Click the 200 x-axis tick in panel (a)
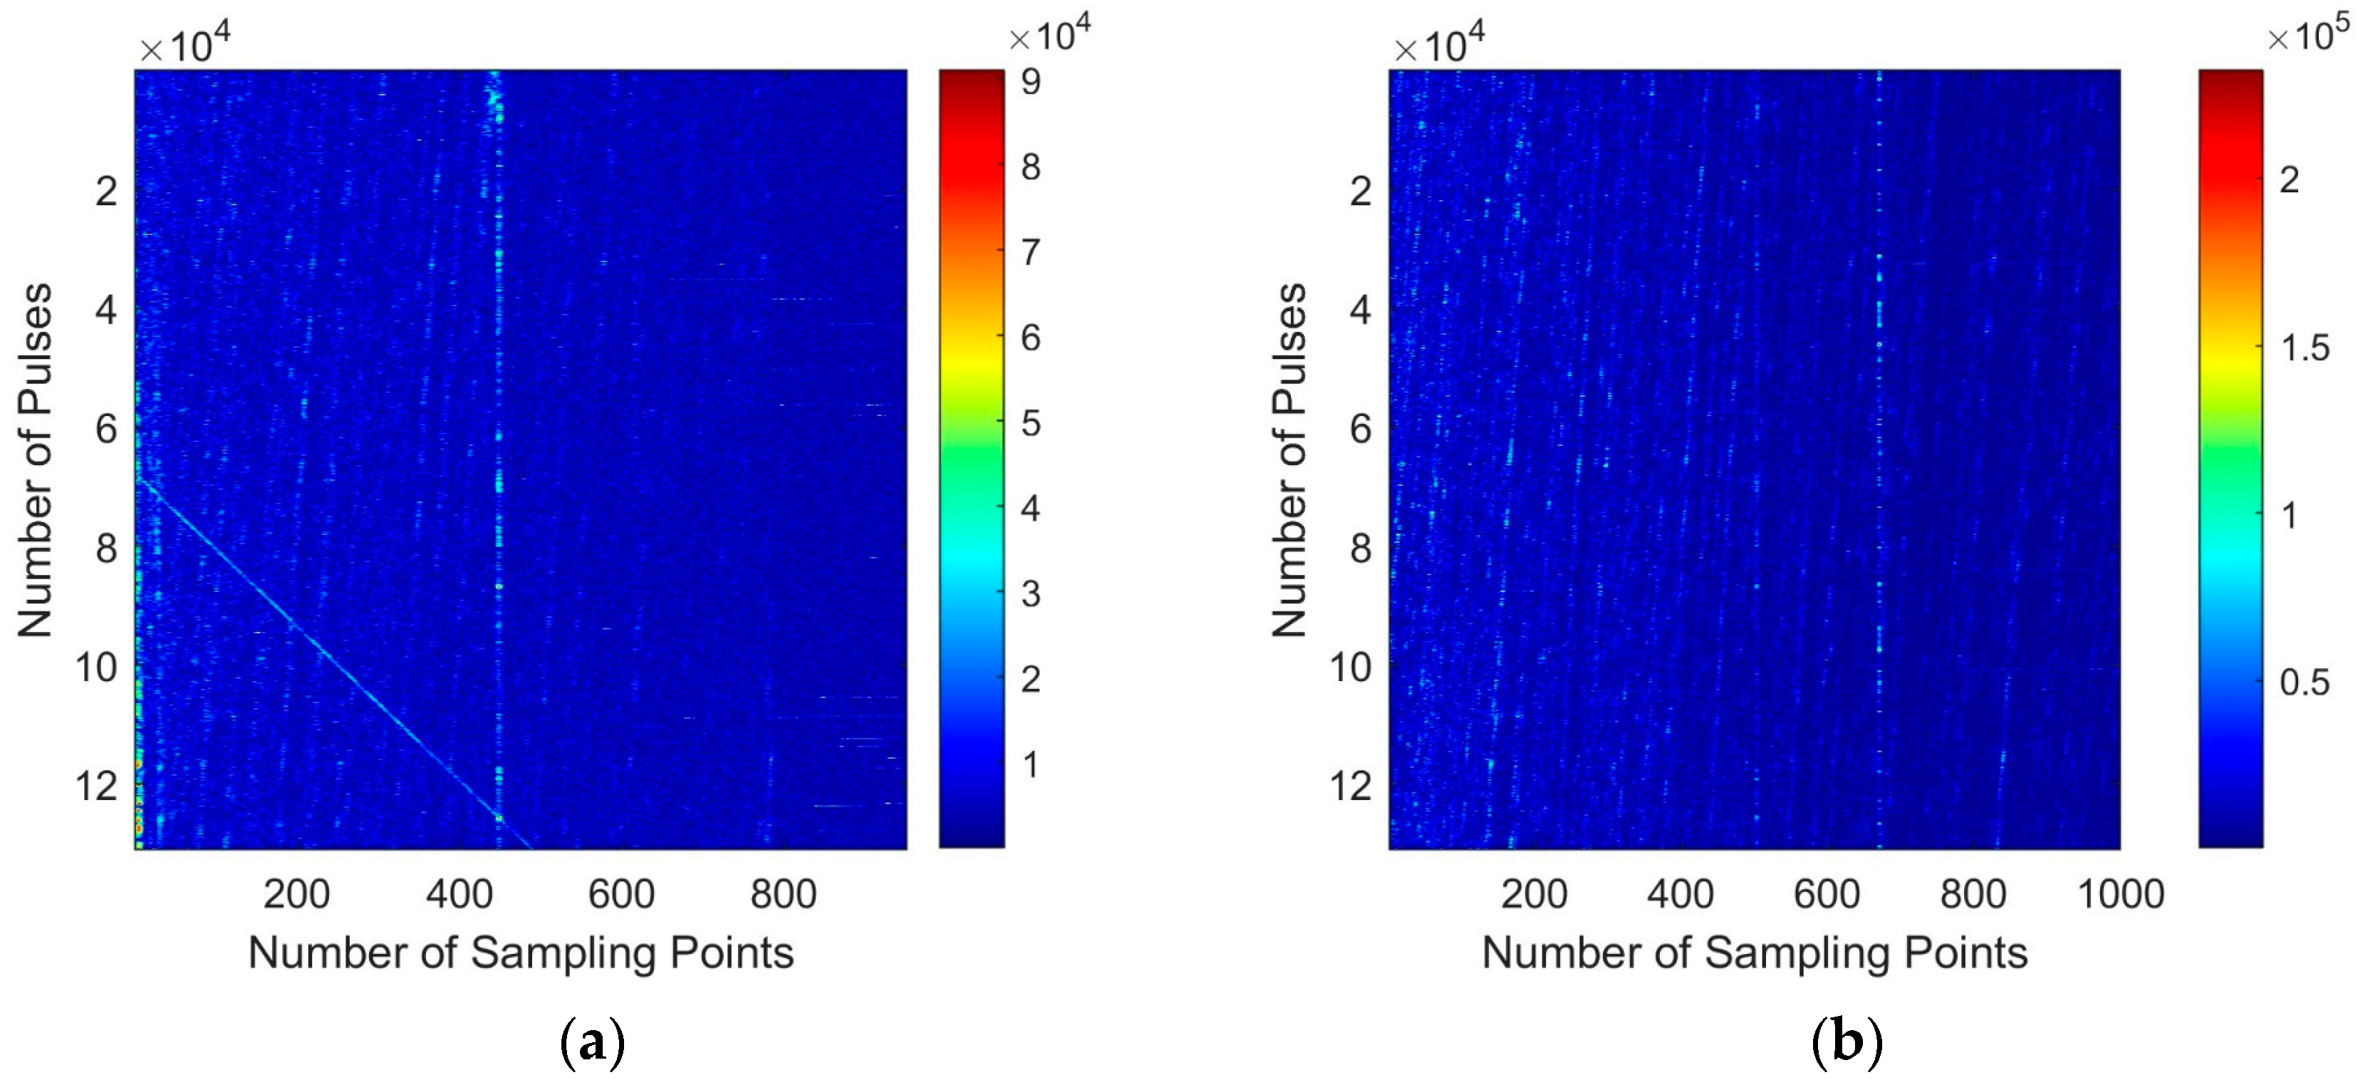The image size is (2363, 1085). (x=296, y=893)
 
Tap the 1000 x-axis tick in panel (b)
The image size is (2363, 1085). (x=2120, y=893)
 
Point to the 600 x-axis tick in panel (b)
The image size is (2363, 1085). (x=1827, y=893)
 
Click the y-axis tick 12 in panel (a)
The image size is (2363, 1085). (x=95, y=786)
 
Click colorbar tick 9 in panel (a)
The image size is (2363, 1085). (x=1031, y=82)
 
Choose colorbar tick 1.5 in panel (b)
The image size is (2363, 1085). (x=2303, y=348)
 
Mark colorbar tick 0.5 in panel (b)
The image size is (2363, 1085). (x=2303, y=682)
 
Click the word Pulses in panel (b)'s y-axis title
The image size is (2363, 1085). (x=1289, y=348)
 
